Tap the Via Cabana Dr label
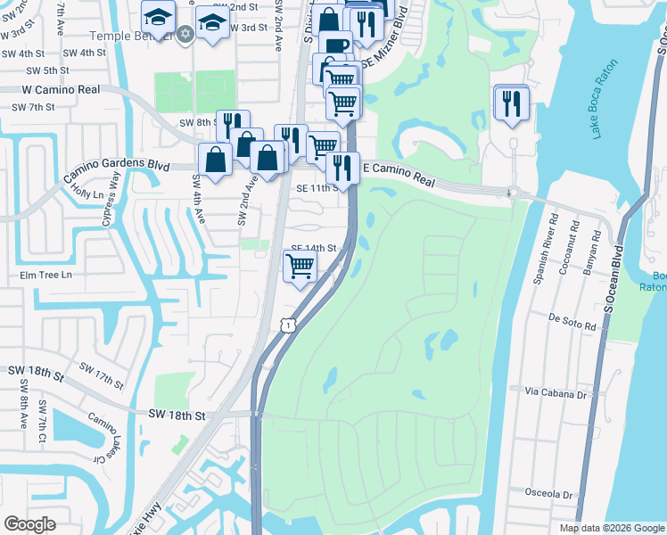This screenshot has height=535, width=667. click(x=559, y=391)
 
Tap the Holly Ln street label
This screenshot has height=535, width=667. click(x=88, y=193)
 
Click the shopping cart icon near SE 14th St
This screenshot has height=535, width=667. click(x=301, y=265)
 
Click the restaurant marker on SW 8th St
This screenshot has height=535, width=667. click(x=231, y=126)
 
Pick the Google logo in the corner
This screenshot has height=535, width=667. click(x=29, y=524)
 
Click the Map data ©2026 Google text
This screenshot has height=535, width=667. click(x=612, y=528)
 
